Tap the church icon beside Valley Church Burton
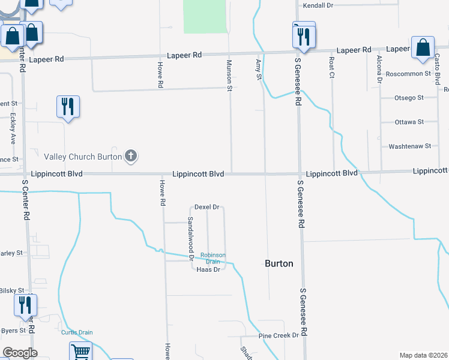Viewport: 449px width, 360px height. tap(131, 157)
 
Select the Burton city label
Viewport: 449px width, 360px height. tap(279, 263)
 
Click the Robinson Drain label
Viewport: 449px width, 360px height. tap(213, 258)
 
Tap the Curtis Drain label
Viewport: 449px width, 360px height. tap(77, 332)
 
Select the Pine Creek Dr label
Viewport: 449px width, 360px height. tap(279, 335)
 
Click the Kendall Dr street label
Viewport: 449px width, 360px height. tap(318, 5)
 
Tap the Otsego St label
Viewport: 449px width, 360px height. tap(409, 98)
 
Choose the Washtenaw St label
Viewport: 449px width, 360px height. tap(410, 146)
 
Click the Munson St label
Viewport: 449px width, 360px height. tap(229, 75)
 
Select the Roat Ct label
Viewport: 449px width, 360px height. tap(331, 67)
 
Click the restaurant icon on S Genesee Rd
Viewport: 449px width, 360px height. tap(301, 36)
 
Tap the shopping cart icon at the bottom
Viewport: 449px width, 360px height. tap(80, 352)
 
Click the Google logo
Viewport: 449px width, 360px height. tap(20, 353)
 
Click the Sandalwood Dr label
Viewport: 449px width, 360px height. tap(191, 238)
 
